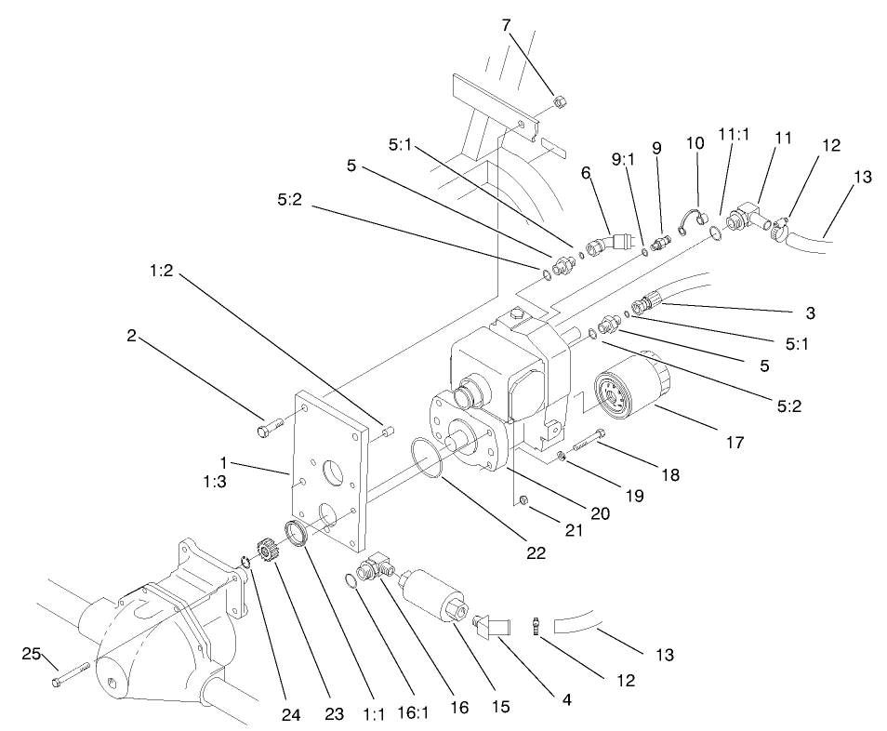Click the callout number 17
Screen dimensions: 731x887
[735, 443]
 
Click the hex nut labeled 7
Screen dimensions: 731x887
[558, 100]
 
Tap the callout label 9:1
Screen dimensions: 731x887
[625, 159]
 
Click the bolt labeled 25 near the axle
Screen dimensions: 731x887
[70, 676]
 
